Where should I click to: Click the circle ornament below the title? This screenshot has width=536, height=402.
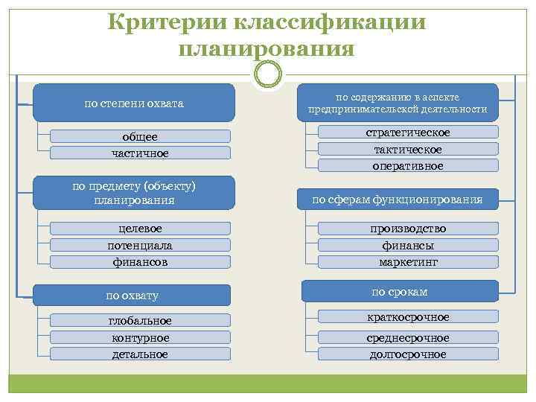click(268, 74)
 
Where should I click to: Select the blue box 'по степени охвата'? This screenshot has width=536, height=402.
click(134, 103)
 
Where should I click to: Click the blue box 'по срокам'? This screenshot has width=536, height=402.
click(399, 291)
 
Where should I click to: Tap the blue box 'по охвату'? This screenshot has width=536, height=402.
click(133, 296)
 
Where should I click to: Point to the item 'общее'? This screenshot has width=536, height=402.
click(140, 136)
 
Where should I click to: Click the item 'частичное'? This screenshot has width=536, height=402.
click(140, 153)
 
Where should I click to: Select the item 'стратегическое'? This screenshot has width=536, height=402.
click(408, 133)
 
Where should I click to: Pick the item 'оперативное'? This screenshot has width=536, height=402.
click(408, 166)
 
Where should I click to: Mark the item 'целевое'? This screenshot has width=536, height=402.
click(140, 228)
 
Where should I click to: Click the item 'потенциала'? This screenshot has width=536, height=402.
click(140, 245)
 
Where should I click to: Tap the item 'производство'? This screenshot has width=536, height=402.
click(408, 228)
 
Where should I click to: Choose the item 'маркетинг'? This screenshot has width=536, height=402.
click(408, 262)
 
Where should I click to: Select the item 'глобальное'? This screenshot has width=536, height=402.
click(140, 321)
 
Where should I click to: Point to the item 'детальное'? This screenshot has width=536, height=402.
click(140, 354)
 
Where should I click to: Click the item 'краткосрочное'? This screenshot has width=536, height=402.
click(408, 317)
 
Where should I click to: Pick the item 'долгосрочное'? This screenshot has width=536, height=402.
click(408, 354)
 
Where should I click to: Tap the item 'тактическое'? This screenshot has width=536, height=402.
click(408, 150)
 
